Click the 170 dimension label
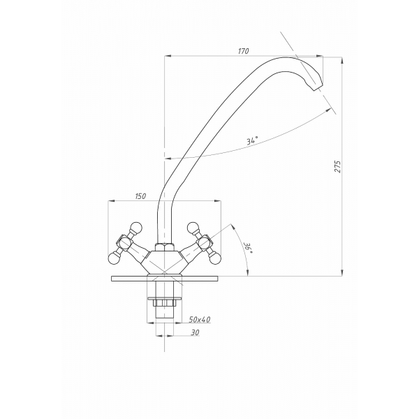click(x=243, y=51)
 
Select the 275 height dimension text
click(x=338, y=166)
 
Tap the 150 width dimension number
click(x=140, y=196)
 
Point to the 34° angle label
click(x=252, y=140)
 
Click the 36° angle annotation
click(x=247, y=248)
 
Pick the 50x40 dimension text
click(x=200, y=319)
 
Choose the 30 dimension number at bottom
click(x=195, y=332)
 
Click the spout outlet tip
click(x=318, y=88)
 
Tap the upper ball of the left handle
click(x=136, y=228)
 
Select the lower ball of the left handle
click(x=114, y=258)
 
